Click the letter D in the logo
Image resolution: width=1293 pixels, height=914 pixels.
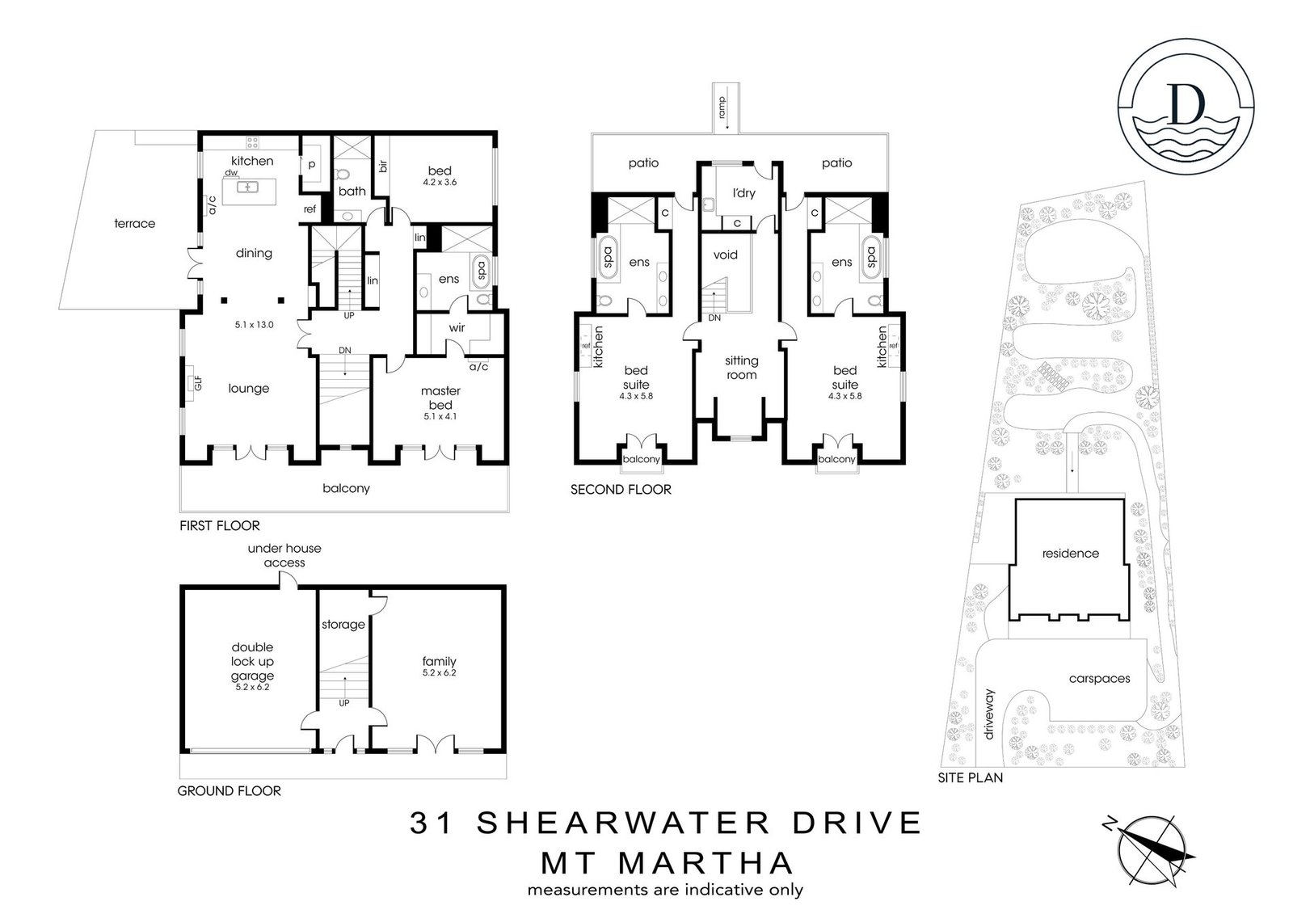(1186, 104)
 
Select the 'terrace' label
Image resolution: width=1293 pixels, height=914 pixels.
(134, 223)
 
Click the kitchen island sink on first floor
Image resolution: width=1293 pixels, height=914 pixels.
(247, 187)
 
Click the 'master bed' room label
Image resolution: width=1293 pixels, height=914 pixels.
(440, 398)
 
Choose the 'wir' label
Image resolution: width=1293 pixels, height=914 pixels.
(457, 328)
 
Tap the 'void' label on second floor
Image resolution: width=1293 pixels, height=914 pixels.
(725, 255)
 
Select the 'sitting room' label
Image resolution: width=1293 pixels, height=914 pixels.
(742, 368)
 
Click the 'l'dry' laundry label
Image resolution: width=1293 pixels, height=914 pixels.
(743, 193)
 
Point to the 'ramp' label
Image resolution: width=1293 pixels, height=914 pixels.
(722, 107)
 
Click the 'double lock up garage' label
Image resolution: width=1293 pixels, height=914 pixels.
(252, 662)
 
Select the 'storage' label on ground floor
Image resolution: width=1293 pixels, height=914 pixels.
(343, 624)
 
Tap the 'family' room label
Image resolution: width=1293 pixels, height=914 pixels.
(440, 661)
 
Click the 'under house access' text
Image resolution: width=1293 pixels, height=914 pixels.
(284, 555)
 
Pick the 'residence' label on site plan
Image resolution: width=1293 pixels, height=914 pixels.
(1071, 553)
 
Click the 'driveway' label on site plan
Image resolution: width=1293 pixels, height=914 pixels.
(989, 714)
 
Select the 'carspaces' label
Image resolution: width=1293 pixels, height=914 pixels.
(1100, 679)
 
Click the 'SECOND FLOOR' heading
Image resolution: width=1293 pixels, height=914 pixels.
(621, 490)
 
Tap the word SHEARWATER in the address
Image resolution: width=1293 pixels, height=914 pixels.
(623, 823)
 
